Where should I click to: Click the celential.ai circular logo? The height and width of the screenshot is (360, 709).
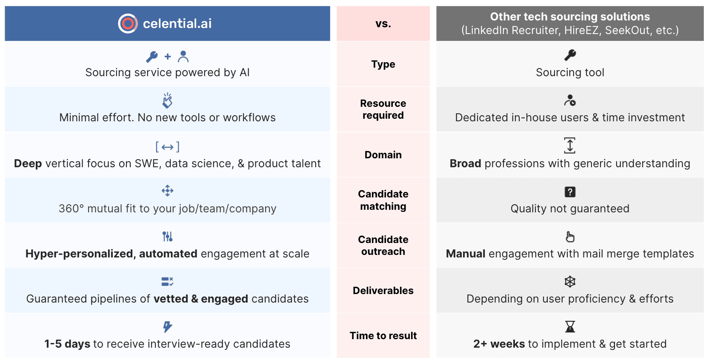[x=128, y=23]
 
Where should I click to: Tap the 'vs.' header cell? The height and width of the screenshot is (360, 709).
[x=383, y=24]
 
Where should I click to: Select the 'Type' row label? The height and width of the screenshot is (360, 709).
[x=383, y=64]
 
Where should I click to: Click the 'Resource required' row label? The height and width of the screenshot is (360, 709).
[x=383, y=109]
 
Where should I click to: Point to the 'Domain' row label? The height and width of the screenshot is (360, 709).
[x=383, y=155]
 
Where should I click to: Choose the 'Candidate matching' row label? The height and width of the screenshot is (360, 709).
[x=383, y=200]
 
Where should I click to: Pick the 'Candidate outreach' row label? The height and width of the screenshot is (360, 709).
[x=383, y=246]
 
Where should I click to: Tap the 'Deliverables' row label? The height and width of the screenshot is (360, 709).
[x=383, y=291]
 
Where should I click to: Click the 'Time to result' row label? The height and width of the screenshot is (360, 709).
[x=383, y=336]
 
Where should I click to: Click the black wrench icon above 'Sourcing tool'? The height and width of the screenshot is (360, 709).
[x=570, y=55]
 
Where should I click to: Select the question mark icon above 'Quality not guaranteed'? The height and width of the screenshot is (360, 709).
[x=570, y=192]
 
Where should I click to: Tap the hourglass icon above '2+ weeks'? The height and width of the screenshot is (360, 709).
[x=570, y=326]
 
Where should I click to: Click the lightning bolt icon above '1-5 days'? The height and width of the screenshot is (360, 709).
[x=168, y=326]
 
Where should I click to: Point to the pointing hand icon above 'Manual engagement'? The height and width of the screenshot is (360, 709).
[x=570, y=237]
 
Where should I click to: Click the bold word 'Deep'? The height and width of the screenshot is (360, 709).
[x=28, y=163]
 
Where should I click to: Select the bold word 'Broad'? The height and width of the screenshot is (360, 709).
[x=466, y=163]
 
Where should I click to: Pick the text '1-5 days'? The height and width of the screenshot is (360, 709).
[x=67, y=344]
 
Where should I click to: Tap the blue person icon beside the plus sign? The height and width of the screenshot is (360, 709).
[x=183, y=56]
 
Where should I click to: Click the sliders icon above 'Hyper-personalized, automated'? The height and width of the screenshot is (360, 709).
[x=168, y=236]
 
